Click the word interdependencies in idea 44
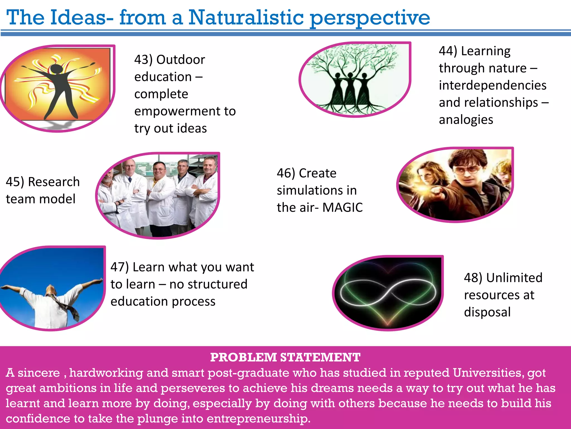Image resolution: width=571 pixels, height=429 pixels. (492, 85)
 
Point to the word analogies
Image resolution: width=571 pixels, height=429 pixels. (466, 120)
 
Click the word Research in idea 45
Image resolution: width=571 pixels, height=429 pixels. (54, 182)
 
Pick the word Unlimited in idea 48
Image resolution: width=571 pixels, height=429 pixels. (514, 278)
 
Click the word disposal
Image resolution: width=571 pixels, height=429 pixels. (487, 312)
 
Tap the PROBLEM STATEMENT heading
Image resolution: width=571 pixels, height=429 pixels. (285, 357)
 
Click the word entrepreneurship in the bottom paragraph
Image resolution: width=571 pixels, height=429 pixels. (258, 418)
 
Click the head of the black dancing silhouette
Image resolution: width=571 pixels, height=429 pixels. (56, 68)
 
